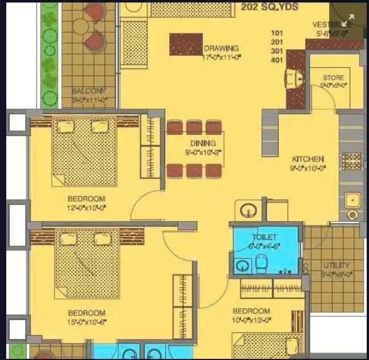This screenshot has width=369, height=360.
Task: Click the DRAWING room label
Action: coord(221,48)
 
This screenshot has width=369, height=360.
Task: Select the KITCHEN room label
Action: coord(308,159)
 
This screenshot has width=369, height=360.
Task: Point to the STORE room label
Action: coord(333,78)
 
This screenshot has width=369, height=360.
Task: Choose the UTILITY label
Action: coord(337,266)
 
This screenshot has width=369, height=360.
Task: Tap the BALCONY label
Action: coord(89,91)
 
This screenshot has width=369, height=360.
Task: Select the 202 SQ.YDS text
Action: coord(264,7)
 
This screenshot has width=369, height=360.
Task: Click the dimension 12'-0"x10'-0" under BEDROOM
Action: coord(86,208)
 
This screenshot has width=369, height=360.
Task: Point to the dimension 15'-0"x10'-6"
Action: coord(87,322)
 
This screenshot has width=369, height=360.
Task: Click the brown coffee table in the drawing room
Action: coord(186,44)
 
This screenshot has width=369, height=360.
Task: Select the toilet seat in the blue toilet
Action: coord(262,263)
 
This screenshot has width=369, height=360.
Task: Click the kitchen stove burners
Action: coord(351,161)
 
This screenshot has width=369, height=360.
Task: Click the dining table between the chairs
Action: coord(195,148)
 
